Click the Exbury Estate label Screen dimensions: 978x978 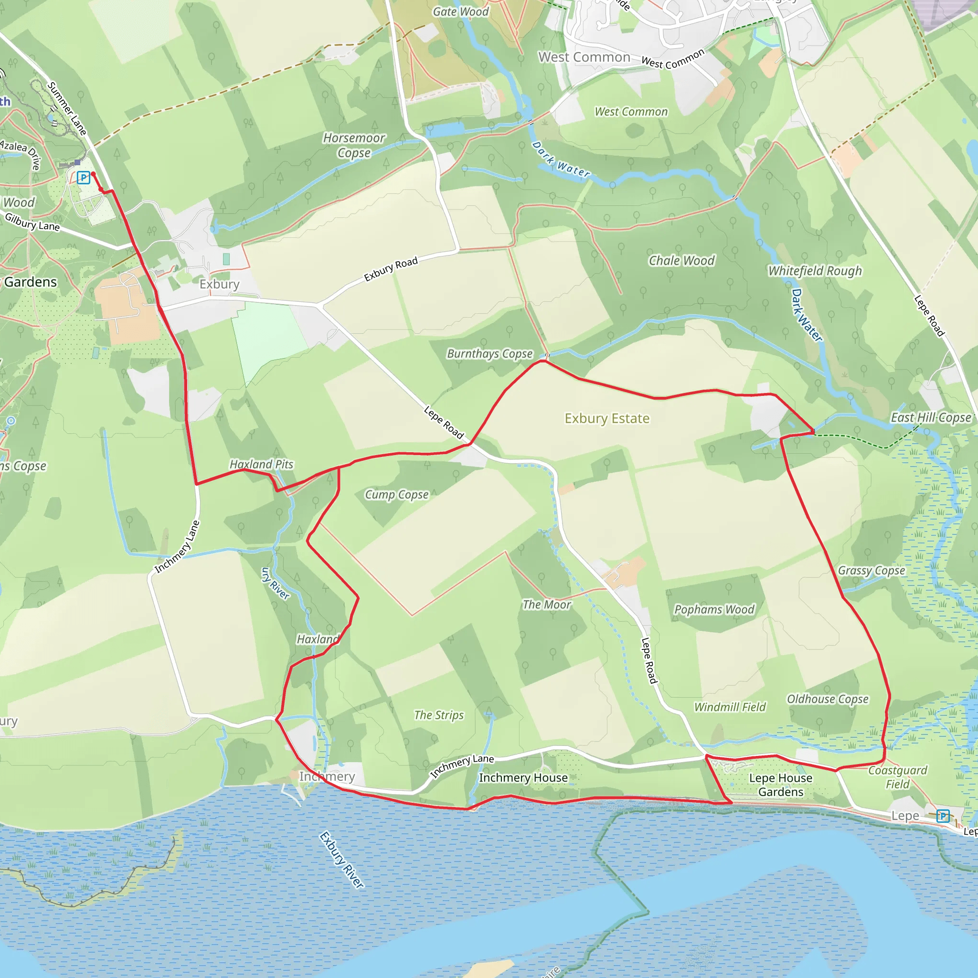pos(607,419)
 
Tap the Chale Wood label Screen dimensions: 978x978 pos(681,261)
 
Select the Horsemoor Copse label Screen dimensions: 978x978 pos(354,145)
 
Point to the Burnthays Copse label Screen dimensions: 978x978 pos(489,354)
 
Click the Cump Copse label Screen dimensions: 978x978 pos(396,495)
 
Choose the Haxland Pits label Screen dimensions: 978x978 pos(261,464)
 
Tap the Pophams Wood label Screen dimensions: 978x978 pos(714,609)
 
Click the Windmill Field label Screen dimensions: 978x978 pos(730,707)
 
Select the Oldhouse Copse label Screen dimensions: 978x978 pos(827,699)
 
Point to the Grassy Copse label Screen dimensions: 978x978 pos(871,571)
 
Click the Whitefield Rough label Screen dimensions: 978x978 pos(815,271)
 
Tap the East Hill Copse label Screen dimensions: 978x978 pos(930,418)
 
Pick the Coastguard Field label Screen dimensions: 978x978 pos(897,777)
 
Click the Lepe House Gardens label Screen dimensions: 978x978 pos(781,785)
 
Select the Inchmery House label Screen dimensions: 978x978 pos(523,777)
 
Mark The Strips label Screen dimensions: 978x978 pos(438,715)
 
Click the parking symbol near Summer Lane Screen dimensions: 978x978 pos(84,178)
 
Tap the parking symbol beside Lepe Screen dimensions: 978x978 pos(943,816)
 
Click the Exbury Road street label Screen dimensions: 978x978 pos(391,269)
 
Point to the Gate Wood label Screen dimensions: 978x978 pos(460,11)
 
